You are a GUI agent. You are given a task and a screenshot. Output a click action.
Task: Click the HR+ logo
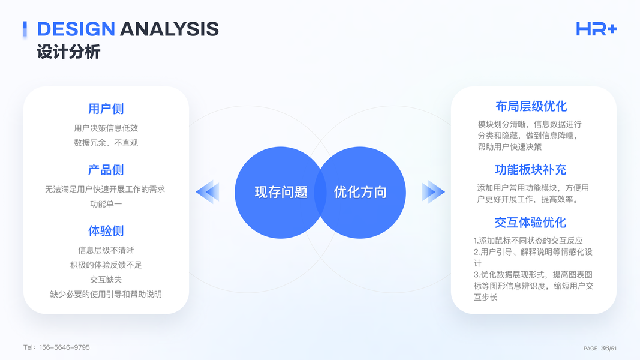tap(596, 29)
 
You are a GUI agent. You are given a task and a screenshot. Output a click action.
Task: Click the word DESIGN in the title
tap(76, 29)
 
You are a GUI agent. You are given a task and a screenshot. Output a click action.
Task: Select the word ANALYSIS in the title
tap(169, 29)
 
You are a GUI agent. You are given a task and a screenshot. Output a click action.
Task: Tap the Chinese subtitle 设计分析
tap(68, 52)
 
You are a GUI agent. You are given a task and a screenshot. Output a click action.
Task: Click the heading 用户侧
tap(106, 109)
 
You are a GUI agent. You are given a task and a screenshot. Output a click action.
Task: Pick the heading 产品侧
tap(106, 170)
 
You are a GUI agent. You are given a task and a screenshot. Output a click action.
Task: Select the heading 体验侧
tap(106, 231)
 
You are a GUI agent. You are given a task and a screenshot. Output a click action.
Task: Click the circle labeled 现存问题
tap(280, 192)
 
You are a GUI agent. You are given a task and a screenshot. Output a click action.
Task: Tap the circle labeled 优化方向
tap(360, 192)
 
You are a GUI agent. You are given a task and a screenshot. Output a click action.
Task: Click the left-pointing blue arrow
tap(208, 192)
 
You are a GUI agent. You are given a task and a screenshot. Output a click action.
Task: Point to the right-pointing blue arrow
tap(434, 192)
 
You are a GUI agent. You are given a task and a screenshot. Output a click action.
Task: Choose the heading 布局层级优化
tap(531, 107)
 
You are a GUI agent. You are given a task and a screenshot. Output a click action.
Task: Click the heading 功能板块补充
tap(531, 170)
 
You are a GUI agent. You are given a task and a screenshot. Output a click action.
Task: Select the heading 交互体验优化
tap(530, 223)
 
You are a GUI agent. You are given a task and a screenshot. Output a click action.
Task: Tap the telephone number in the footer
tap(56, 347)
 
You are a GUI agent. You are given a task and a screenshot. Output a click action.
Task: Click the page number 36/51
tap(609, 348)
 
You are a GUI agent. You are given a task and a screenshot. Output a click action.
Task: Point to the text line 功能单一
tap(106, 203)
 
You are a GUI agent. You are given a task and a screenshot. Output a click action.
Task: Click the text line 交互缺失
tap(106, 280)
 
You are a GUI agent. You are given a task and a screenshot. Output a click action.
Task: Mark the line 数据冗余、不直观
tap(106, 143)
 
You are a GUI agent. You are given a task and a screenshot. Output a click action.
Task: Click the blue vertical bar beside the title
tap(25, 29)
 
